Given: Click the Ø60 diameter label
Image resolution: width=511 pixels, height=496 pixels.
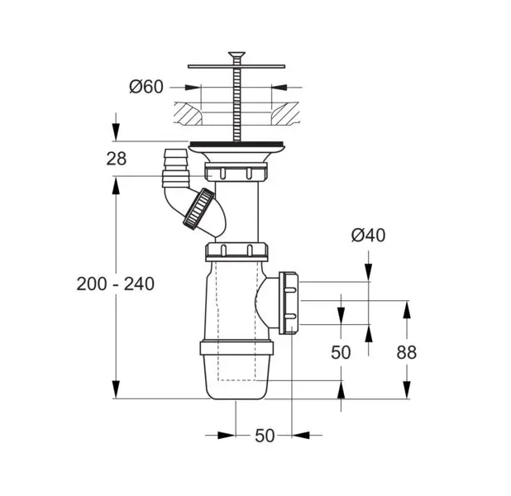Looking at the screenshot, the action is pos(146,87).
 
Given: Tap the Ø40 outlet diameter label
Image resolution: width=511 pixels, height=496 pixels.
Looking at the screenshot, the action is pos(368,235).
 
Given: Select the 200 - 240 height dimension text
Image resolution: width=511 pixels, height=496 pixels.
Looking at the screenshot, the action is pos(116,284).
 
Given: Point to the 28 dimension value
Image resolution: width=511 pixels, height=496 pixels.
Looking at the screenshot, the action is pos(117,159).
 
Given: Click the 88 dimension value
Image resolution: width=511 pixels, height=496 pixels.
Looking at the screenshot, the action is pos(406,352).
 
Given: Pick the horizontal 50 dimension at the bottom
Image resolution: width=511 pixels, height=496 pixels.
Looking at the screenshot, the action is pos(265,436).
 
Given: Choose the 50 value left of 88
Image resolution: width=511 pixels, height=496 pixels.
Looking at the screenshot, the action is pos(341,352).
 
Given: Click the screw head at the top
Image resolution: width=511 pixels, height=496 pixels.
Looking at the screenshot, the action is pos(236,55).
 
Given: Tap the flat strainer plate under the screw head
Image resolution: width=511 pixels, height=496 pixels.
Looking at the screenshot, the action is pos(236,66).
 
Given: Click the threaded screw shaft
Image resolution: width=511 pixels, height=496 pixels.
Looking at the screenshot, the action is pos(236,104).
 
